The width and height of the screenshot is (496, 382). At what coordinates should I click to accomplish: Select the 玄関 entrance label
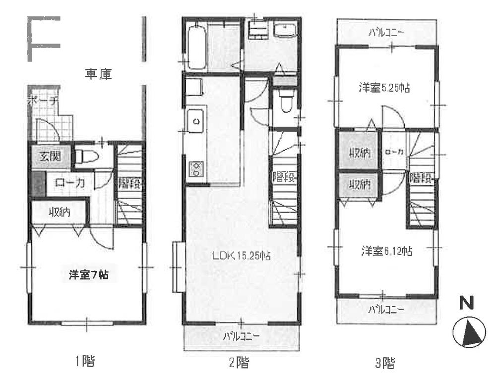tap(51, 156)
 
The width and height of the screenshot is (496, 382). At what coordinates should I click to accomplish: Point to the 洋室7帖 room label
tap(89, 275)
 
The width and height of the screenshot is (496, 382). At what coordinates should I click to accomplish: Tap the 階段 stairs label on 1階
tap(129, 183)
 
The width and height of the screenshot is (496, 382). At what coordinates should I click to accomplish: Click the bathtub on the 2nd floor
tap(197, 47)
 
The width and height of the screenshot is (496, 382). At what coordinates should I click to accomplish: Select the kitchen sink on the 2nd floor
tap(195, 121)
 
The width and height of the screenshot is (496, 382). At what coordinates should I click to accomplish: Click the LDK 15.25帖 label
tap(241, 256)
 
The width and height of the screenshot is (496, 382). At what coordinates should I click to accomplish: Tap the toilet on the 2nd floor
tap(286, 101)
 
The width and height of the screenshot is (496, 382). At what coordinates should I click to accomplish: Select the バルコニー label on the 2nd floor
tap(242, 336)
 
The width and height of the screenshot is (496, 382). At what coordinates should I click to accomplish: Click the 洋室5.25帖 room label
tap(384, 88)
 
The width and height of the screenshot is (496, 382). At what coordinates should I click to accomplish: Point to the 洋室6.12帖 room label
tap(386, 252)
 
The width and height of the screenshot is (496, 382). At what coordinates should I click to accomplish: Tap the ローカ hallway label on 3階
tap(394, 152)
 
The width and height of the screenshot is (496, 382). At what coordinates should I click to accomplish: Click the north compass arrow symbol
tap(469, 332)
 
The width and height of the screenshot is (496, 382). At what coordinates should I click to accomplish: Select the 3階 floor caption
tap(385, 363)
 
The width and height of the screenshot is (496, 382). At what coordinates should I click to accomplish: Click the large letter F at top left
tap(43, 39)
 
